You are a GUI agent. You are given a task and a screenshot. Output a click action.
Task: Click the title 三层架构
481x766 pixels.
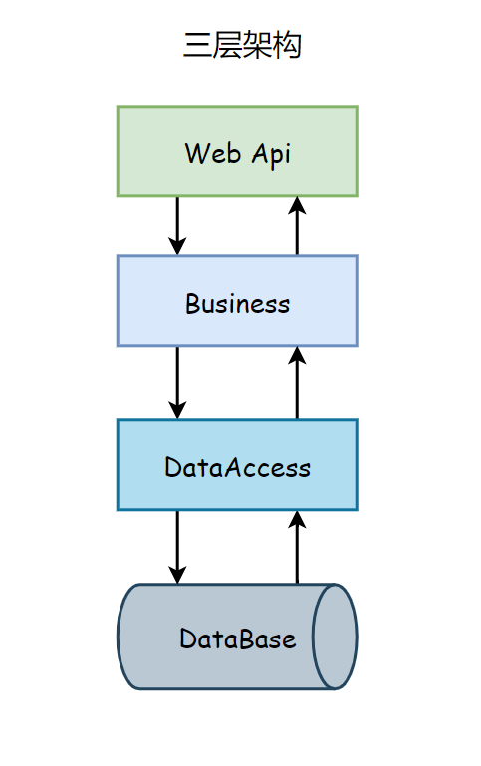[242, 45]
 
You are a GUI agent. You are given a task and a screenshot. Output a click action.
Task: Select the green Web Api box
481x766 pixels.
[237, 151]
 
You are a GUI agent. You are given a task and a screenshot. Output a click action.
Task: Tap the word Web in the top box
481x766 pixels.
[213, 153]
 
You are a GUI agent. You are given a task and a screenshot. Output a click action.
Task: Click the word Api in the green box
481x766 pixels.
[271, 155]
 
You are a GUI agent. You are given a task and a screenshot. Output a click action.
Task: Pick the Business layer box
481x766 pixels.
[237, 301]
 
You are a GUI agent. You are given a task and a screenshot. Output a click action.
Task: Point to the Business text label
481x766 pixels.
[237, 304]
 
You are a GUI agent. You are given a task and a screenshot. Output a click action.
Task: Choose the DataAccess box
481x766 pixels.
[237, 465]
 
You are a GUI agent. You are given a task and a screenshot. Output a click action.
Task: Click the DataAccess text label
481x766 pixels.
[237, 467]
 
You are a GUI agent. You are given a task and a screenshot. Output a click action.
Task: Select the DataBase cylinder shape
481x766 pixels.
[237, 637]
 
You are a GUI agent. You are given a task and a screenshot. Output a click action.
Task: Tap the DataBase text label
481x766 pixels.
[237, 638]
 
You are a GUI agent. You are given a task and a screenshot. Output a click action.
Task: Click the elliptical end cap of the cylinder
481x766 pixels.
[335, 637]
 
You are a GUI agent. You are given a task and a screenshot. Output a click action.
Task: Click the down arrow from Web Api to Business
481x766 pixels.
[177, 226]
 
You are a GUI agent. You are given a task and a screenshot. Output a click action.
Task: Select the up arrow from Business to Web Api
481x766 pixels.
[297, 226]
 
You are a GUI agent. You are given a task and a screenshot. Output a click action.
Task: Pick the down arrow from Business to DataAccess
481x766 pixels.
[177, 383]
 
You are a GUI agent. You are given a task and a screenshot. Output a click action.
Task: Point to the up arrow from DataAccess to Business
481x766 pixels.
[297, 383]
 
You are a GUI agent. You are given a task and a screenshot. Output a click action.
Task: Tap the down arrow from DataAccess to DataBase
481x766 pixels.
[177, 547]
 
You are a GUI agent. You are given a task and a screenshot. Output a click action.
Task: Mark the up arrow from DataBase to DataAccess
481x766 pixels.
[297, 547]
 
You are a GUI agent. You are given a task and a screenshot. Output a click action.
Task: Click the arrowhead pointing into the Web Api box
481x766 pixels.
[297, 205]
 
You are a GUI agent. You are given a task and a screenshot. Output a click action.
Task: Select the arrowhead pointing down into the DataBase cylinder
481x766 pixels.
[177, 575]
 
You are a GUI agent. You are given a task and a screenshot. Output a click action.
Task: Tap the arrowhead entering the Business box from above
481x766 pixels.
[177, 246]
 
